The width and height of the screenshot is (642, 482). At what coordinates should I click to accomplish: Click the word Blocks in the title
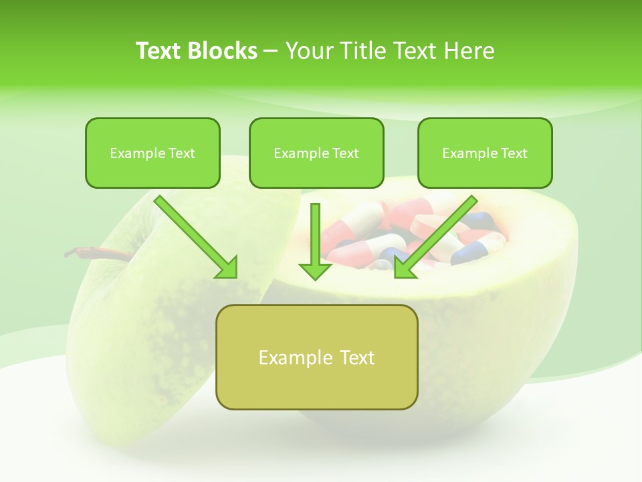pyautogui.click(x=224, y=51)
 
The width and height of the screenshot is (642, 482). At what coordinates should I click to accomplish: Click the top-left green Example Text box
pyautogui.click(x=152, y=153)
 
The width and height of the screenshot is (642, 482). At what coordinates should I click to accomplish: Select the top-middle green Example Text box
pyautogui.click(x=316, y=153)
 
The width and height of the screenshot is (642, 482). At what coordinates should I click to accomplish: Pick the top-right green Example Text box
pyautogui.click(x=485, y=153)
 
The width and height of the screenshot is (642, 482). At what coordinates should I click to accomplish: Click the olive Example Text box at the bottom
pyautogui.click(x=316, y=357)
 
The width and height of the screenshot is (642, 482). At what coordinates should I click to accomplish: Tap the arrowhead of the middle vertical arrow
pyautogui.click(x=315, y=271)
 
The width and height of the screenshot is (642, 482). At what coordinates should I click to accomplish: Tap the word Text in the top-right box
pyautogui.click(x=514, y=153)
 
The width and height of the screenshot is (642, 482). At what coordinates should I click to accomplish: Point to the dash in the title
pyautogui.click(x=271, y=52)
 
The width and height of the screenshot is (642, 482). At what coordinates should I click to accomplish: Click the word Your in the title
pyautogui.click(x=307, y=51)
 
